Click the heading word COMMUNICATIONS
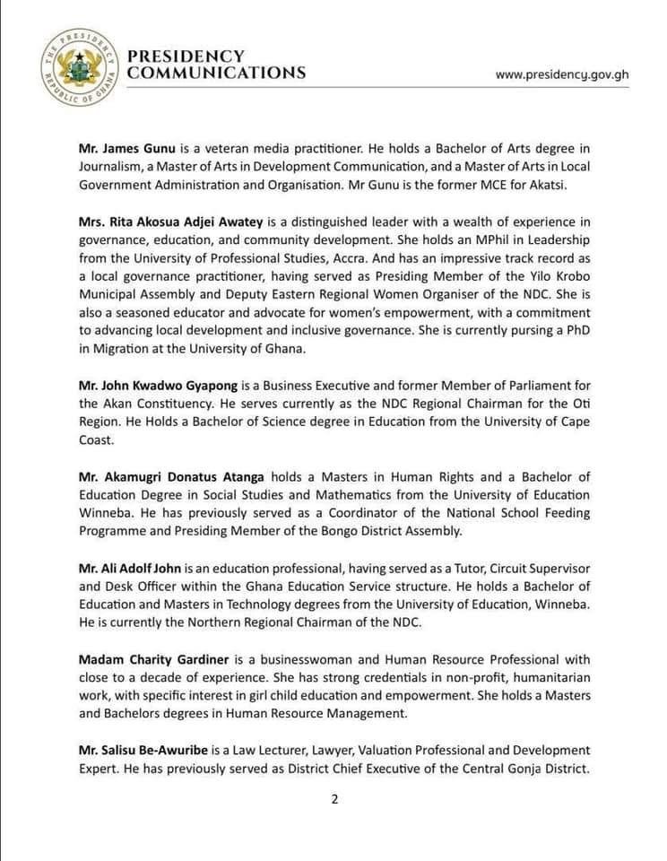216,74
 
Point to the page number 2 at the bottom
333,801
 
